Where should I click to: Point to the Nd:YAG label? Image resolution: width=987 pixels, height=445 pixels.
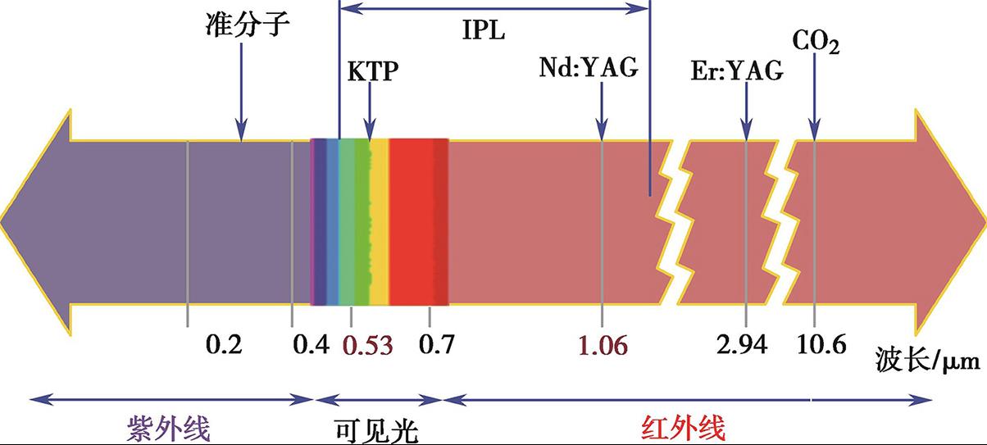pos(588,67)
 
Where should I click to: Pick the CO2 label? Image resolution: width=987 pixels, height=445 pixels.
pos(816,40)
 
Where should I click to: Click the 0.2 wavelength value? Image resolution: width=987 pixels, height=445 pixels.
pos(224,345)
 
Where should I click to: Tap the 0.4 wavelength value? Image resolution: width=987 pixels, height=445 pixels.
pos(312,345)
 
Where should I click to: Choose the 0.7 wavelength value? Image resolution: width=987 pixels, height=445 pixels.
pos(436,345)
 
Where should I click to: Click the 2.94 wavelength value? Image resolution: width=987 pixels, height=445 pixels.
pos(741,345)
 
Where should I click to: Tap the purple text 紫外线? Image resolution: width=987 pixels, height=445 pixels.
pos(168,428)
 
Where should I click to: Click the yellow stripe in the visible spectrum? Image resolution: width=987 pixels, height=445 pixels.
pos(379,221)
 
